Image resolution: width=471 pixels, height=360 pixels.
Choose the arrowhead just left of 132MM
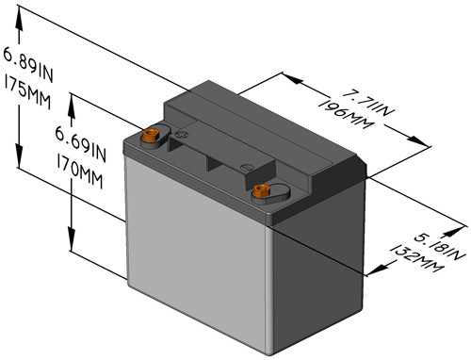[381, 271]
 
